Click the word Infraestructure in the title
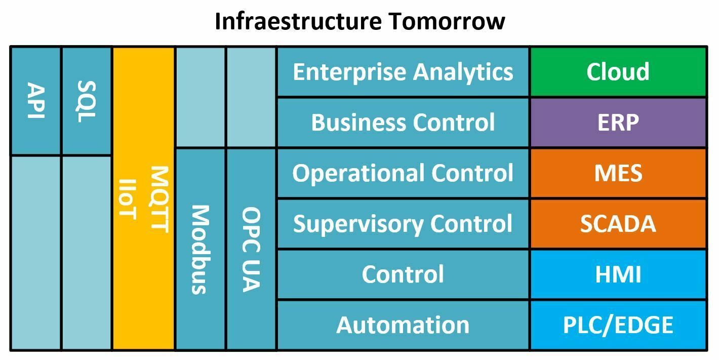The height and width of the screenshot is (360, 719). click(x=298, y=21)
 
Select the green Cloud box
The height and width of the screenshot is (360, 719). click(x=618, y=71)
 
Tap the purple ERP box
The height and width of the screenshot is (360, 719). click(x=618, y=122)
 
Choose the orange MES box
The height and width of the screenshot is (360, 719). click(x=618, y=173)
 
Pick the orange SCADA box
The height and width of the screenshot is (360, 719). click(x=618, y=224)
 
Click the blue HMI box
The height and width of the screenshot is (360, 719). click(x=618, y=274)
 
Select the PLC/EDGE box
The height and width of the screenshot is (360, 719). click(x=618, y=325)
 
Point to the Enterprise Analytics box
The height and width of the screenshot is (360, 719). click(x=403, y=71)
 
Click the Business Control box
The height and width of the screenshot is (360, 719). click(x=403, y=122)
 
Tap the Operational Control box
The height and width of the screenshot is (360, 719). click(x=403, y=173)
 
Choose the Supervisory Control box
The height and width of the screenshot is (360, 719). click(x=403, y=224)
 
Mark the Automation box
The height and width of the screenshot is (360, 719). click(x=403, y=325)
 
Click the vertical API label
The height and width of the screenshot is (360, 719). click(x=36, y=100)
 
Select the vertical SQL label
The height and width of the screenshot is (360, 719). click(x=87, y=101)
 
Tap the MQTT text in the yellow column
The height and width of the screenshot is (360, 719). click(x=159, y=199)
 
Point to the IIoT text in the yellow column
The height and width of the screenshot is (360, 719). click(x=128, y=199)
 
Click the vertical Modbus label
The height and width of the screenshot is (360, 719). click(x=201, y=250)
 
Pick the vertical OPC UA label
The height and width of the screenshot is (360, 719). click(x=251, y=250)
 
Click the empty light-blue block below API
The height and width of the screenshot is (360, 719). click(x=36, y=253)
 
